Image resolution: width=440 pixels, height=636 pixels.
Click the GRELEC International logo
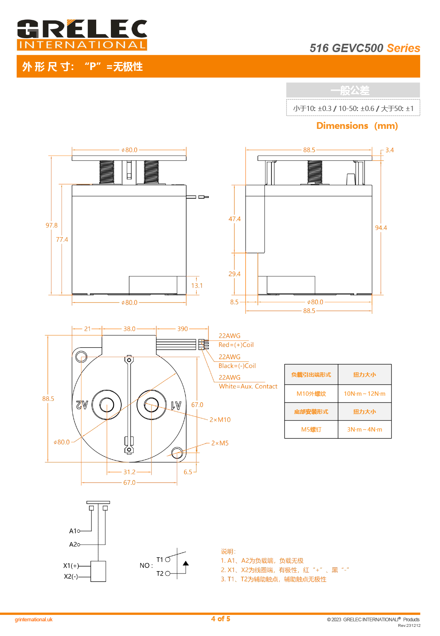pyautogui.click(x=82, y=35)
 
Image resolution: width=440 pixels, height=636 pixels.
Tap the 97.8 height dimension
pyautogui.click(x=51, y=226)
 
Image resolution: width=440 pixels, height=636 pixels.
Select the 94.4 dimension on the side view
pyautogui.click(x=381, y=228)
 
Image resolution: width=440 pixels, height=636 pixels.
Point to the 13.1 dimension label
pyautogui.click(x=197, y=286)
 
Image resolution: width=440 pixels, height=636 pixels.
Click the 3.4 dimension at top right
pyautogui.click(x=390, y=150)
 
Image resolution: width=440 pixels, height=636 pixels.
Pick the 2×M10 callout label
pyautogui.click(x=220, y=420)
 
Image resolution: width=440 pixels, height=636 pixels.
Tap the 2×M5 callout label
pyautogui.click(x=220, y=443)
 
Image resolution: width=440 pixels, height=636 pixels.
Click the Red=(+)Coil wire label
pyautogui.click(x=236, y=345)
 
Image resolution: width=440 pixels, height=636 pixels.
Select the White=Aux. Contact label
pyautogui.click(x=248, y=386)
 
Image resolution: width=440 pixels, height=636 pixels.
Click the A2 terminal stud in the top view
pyautogui.click(x=107, y=405)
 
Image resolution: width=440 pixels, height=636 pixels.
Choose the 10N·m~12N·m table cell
pyautogui.click(x=364, y=394)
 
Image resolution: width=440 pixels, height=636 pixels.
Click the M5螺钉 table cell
pyautogui.click(x=311, y=430)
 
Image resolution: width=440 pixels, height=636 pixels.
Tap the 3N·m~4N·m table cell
pyautogui.click(x=364, y=430)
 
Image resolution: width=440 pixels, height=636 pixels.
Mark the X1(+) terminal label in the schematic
pyautogui.click(x=71, y=566)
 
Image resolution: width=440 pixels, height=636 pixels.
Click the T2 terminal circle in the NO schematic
pyautogui.click(x=168, y=574)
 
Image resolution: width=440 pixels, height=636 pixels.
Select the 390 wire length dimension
pyautogui.click(x=182, y=329)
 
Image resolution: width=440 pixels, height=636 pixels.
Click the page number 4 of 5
pyautogui.click(x=221, y=619)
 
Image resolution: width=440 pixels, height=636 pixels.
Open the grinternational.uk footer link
pyautogui.click(x=34, y=620)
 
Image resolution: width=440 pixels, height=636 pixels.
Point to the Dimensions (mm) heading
pyautogui.click(x=357, y=126)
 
